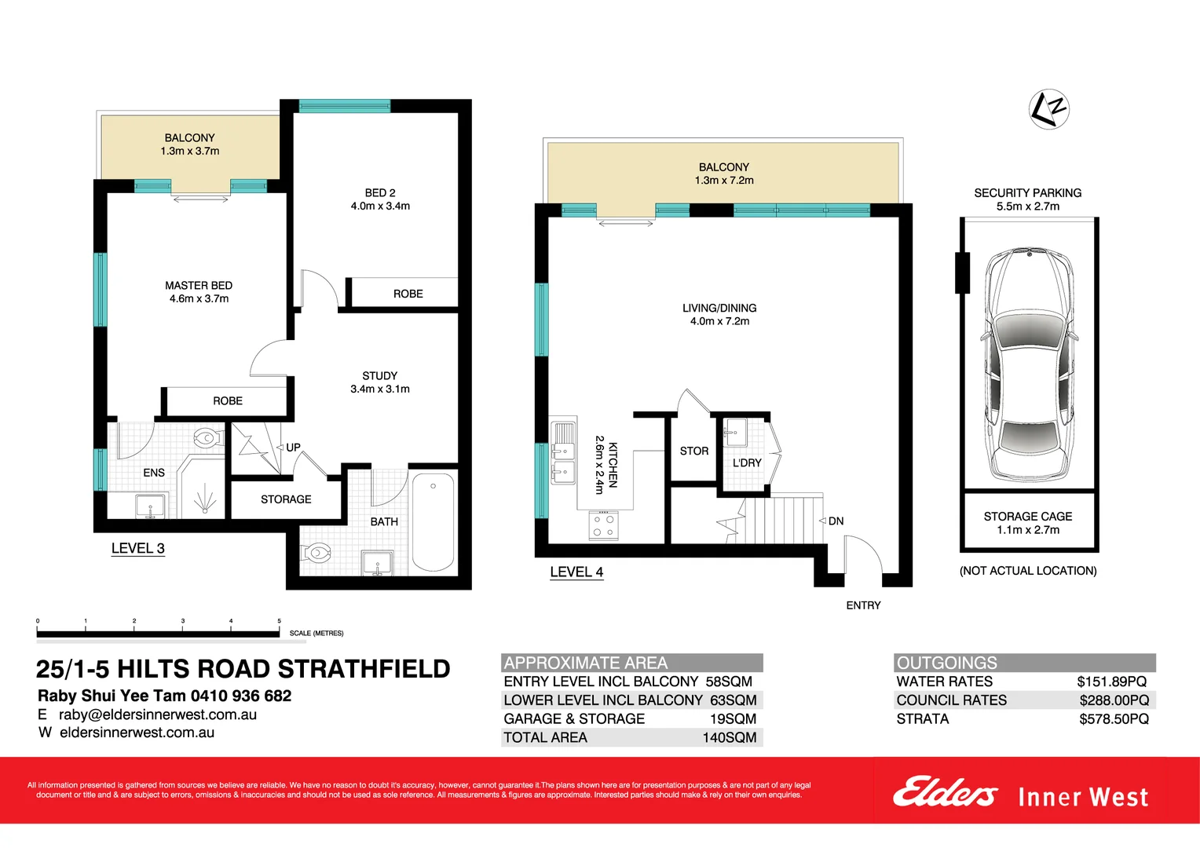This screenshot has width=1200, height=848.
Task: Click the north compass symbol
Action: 1049,109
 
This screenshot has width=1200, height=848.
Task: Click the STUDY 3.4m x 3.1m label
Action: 380,382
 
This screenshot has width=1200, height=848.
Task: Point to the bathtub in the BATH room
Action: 433,521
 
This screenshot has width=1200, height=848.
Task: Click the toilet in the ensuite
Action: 206,438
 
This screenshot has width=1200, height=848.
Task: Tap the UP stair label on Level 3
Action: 293,448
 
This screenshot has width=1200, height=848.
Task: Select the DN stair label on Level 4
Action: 836,521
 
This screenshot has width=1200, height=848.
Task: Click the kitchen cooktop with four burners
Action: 603,526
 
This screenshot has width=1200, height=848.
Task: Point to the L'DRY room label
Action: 747,463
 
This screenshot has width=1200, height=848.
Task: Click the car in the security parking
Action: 1028,365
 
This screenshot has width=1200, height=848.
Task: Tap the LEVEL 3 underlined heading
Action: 138,549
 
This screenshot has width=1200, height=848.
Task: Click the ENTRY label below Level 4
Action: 863,605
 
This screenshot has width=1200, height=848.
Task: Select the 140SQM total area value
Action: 729,738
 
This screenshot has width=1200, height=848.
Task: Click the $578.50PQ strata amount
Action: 1114,719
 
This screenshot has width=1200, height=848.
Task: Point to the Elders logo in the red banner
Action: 945,792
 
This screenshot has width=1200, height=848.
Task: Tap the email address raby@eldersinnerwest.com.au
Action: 158,715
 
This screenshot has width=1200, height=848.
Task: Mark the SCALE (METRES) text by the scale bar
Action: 316,633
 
